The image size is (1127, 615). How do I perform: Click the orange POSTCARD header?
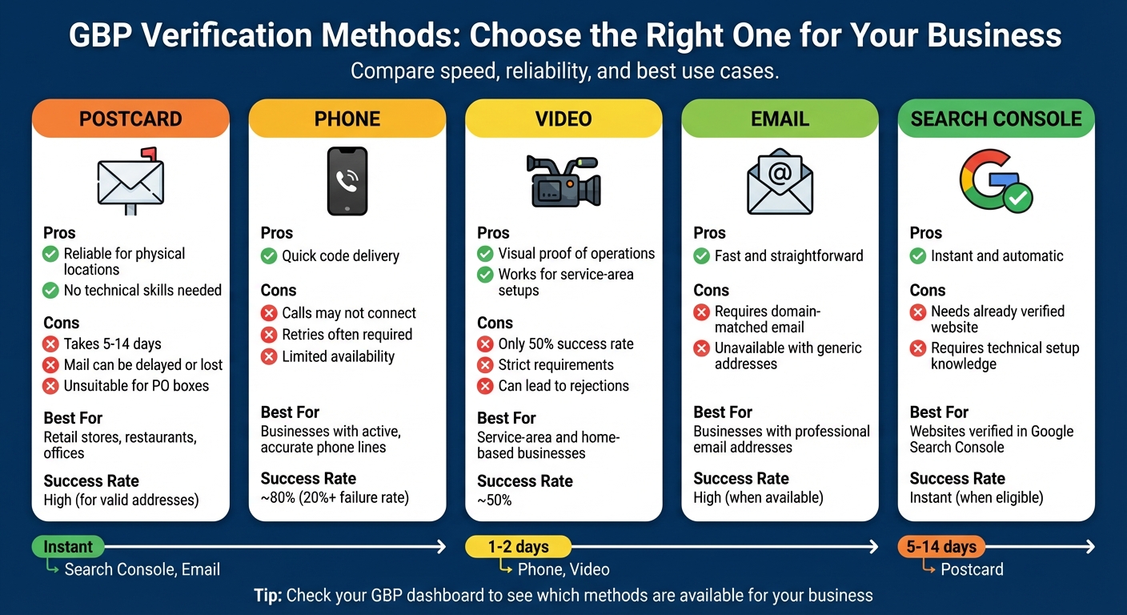[x=130, y=119]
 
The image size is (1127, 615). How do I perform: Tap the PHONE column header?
[x=347, y=119]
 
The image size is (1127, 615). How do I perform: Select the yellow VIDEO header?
[x=563, y=119]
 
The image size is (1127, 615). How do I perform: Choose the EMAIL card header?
[x=780, y=119]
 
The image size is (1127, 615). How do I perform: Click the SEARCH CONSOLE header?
[x=996, y=119]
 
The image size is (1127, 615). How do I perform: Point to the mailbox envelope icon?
[x=130, y=180]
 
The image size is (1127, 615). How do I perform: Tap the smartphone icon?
[x=347, y=181]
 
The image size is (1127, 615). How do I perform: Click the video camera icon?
[x=563, y=181]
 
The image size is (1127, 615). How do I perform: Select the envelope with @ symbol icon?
[x=780, y=181]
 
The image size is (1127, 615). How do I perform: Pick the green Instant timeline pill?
[x=68, y=547]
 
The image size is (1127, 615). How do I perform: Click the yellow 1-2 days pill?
[x=519, y=547]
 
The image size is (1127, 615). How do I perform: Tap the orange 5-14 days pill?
[x=942, y=547]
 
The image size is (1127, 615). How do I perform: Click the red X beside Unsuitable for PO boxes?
[x=51, y=386]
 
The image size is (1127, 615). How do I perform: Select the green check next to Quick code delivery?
[x=269, y=256]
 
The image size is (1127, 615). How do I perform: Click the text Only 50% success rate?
[x=565, y=344]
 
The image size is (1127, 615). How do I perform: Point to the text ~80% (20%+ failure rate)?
[x=335, y=498]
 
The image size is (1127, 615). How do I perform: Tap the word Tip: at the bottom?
[x=268, y=596]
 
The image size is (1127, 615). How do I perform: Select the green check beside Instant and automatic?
[x=918, y=256]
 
